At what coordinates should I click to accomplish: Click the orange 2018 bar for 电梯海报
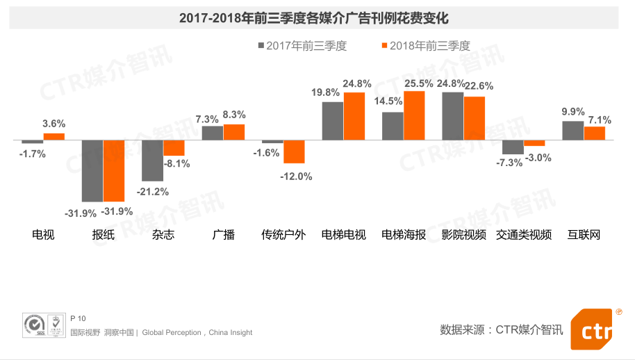coord(414,115)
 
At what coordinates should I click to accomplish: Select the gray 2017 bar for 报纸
coord(92,170)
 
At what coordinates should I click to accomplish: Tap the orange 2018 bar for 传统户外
coord(294,152)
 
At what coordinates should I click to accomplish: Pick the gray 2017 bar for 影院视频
coord(453,116)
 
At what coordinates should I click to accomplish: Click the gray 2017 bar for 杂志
coord(152,160)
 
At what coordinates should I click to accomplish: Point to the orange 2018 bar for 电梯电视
coord(354,116)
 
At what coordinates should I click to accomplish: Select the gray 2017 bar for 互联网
coord(572,131)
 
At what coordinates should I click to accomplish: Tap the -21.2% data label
coord(152,192)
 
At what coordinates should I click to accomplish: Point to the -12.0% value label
coord(296,177)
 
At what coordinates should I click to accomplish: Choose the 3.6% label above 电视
coord(53,124)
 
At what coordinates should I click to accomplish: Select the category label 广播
coord(223,235)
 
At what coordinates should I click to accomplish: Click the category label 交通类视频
coord(524,235)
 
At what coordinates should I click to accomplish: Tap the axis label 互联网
coord(584,235)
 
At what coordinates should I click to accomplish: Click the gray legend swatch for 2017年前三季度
coord(261,46)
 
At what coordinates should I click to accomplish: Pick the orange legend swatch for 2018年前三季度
coord(384,46)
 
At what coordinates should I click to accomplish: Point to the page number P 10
coord(78,318)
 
